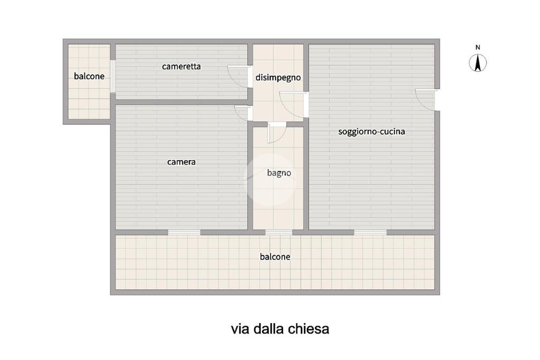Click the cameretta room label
coord(181,66)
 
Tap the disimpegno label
coord(278,78)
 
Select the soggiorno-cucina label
coord(371,131)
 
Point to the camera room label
coord(181,162)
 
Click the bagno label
coord(279,173)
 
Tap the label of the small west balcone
coord(89,76)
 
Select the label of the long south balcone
coord(275,257)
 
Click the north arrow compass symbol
coord(478,63)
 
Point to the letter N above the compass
coord(478,47)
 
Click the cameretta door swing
coord(238,76)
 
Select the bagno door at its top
coord(276,133)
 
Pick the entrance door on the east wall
coord(426,100)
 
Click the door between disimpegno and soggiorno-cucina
coord(293,105)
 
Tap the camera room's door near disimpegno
coord(242,113)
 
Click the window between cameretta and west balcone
coord(113,76)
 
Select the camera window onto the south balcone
coord(184,232)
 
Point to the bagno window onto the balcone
coord(278,232)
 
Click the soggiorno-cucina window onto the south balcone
coord(370,232)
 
